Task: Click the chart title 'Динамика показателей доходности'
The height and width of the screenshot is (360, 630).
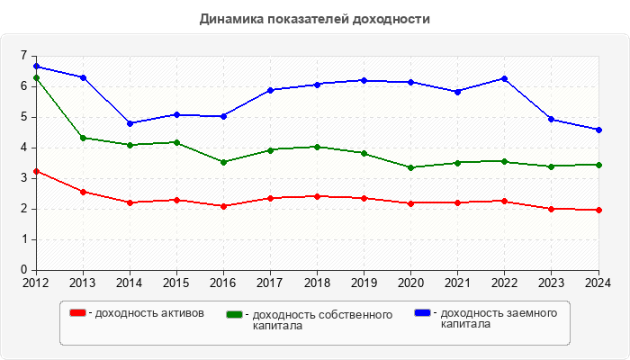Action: [x=314, y=19]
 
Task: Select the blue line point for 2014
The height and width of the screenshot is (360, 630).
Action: [x=130, y=123]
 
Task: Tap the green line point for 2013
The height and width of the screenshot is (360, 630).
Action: [x=83, y=138]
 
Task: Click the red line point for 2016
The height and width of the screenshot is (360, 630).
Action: [x=223, y=206]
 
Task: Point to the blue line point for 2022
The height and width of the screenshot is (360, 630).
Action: [x=505, y=78]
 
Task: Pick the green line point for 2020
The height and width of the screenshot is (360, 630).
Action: [x=411, y=167]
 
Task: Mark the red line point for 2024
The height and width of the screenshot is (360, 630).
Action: [x=598, y=210]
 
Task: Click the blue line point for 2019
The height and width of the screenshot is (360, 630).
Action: [x=364, y=80]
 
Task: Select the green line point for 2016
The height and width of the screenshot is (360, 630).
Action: [x=223, y=162]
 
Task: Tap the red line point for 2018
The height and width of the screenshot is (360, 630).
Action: [x=317, y=196]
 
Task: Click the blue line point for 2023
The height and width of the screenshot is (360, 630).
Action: [x=552, y=119]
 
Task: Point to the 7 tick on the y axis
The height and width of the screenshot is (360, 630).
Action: [x=23, y=56]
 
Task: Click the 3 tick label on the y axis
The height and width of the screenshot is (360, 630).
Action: [x=23, y=178]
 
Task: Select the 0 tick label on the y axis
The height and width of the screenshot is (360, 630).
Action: [x=23, y=270]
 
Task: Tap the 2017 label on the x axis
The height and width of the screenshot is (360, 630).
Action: [x=270, y=283]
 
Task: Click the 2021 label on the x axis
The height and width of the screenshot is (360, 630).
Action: [x=458, y=283]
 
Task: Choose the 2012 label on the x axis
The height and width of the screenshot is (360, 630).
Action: [x=36, y=283]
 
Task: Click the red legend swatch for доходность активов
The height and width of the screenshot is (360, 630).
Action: [x=78, y=312]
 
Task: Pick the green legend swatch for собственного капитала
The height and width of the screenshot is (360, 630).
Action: [x=235, y=315]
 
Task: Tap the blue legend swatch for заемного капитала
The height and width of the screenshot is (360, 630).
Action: [x=422, y=312]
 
